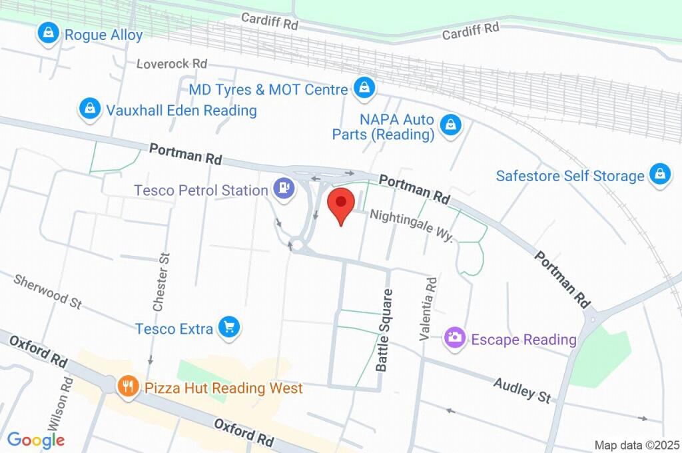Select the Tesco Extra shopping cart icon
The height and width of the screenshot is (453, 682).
tap(230, 328)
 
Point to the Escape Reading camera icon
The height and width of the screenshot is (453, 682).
tap(455, 339)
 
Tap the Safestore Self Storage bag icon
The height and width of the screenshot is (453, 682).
tap(659, 175)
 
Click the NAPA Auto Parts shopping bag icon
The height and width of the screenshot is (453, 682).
tap(451, 125)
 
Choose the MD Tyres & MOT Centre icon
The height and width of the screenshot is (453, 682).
tap(364, 89)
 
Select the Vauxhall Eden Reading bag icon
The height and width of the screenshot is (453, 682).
tap(89, 110)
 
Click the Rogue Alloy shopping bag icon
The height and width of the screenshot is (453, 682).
tap(49, 34)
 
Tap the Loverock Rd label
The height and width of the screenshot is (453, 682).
tap(172, 64)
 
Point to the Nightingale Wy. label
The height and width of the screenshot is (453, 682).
tap(412, 226)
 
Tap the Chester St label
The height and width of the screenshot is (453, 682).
tap(161, 282)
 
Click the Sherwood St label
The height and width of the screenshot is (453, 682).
tap(47, 291)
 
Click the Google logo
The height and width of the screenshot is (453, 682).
tap(36, 440)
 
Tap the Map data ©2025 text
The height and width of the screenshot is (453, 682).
tap(637, 445)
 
